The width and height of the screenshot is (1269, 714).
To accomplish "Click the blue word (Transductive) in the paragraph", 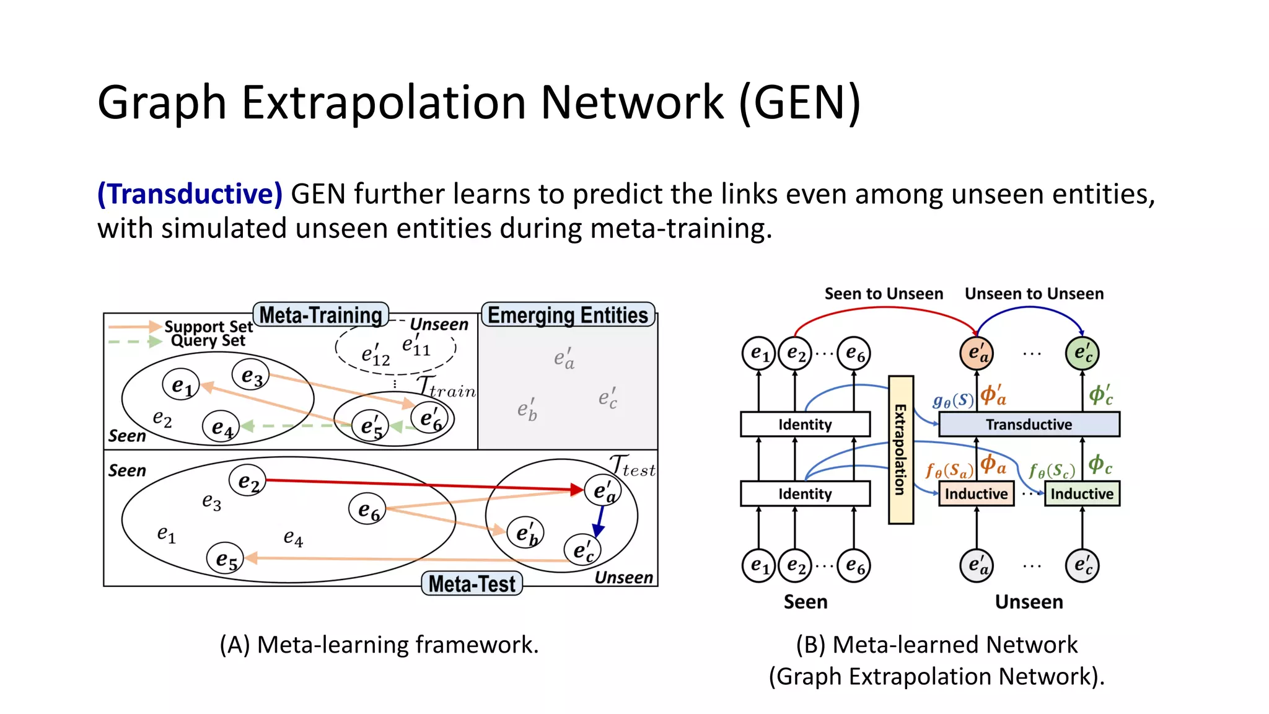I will [x=190, y=194].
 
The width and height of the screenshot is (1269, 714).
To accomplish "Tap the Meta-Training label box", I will [x=320, y=315].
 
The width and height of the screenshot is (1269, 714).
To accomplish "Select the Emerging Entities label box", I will [x=568, y=315].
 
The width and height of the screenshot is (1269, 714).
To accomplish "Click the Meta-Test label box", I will [x=472, y=584].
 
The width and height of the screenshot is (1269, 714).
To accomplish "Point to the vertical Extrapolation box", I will [x=900, y=449].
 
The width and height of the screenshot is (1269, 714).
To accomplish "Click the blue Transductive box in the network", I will [x=1029, y=425].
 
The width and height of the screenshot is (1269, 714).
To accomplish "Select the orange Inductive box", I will [x=976, y=494].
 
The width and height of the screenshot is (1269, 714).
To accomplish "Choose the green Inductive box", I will [x=1082, y=494].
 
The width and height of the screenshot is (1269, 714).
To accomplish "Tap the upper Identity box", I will [x=805, y=425].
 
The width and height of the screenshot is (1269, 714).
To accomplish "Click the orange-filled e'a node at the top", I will [x=977, y=353].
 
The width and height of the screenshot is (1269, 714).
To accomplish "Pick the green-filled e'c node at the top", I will [x=1082, y=353].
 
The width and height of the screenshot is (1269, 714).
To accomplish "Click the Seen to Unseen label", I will [x=884, y=294].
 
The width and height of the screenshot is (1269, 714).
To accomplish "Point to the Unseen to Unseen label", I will [x=1034, y=294].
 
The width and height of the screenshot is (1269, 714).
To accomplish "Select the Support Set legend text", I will [x=208, y=326].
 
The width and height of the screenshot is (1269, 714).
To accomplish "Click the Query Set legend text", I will [x=208, y=340].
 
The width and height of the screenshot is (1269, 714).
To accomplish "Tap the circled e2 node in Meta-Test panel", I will [x=248, y=481].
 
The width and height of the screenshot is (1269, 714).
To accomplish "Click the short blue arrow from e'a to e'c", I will [x=599, y=521].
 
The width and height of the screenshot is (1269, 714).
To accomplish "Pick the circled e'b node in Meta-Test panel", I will [x=525, y=533].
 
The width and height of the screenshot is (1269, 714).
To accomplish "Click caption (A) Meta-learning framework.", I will [x=379, y=645].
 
